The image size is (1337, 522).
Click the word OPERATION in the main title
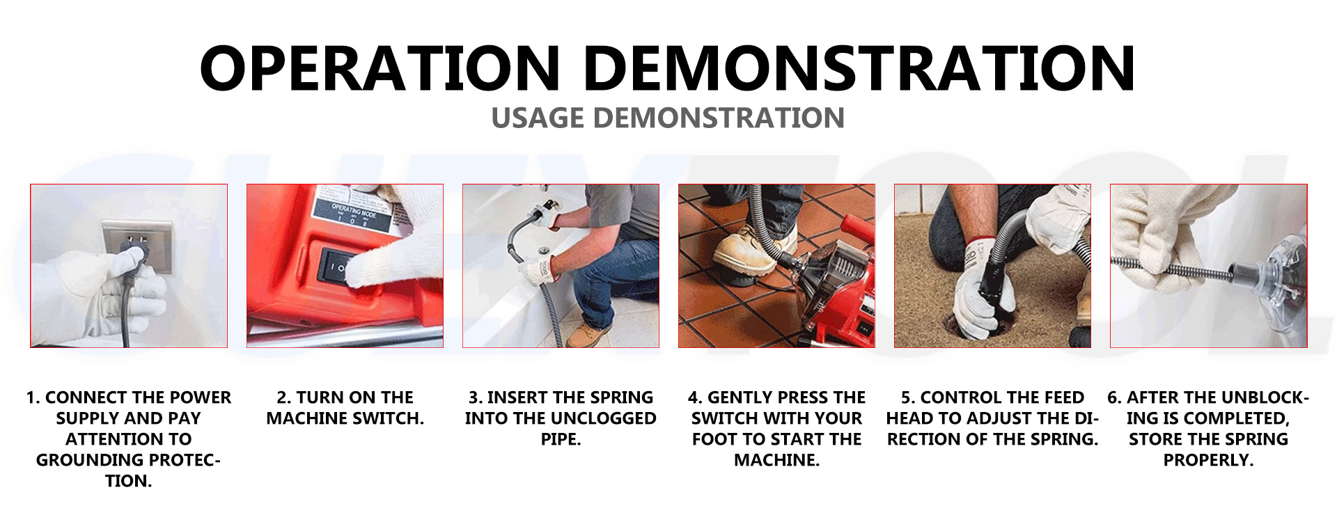pyautogui.click(x=380, y=68)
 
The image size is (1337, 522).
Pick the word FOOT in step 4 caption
pyautogui.click(x=715, y=439)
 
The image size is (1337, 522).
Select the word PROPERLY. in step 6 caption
pyautogui.click(x=1208, y=460)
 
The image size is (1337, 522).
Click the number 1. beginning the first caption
pyautogui.click(x=33, y=397)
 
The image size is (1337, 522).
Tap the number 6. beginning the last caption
pyautogui.click(x=1115, y=397)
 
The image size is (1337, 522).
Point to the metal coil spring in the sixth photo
pyautogui.click(x=1170, y=267)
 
